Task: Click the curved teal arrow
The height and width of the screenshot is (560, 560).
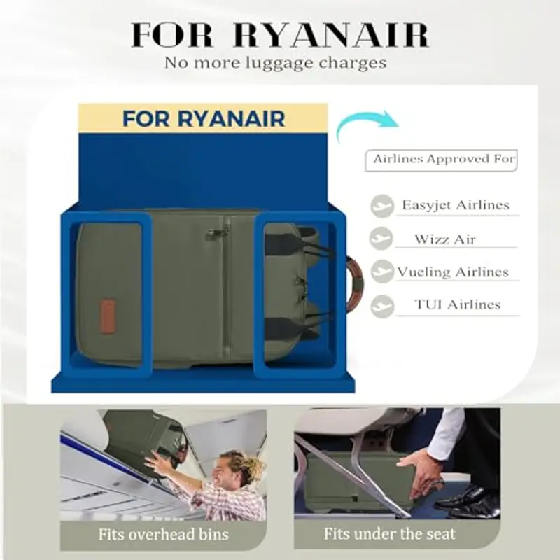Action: click(x=360, y=120)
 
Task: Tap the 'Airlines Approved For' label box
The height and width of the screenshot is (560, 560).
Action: click(x=441, y=160)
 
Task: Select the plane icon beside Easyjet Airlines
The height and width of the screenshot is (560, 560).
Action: click(x=381, y=206)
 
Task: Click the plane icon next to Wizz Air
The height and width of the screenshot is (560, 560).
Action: click(x=381, y=238)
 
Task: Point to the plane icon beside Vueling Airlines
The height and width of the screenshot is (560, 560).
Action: click(x=382, y=272)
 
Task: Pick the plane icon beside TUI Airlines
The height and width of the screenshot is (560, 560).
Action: click(x=382, y=306)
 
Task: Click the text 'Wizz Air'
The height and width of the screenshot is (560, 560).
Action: click(x=445, y=239)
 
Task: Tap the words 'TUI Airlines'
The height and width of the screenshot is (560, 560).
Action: click(x=458, y=304)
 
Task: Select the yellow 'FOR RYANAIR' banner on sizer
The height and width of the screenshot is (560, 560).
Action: click(x=203, y=118)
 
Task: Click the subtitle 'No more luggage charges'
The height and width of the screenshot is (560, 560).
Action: click(x=275, y=63)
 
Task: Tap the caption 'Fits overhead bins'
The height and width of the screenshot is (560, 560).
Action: click(x=164, y=535)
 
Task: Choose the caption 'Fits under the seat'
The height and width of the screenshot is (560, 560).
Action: click(x=390, y=534)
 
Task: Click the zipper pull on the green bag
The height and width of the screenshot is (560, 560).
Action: click(x=213, y=233)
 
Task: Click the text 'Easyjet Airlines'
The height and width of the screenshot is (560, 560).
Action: click(x=456, y=205)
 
